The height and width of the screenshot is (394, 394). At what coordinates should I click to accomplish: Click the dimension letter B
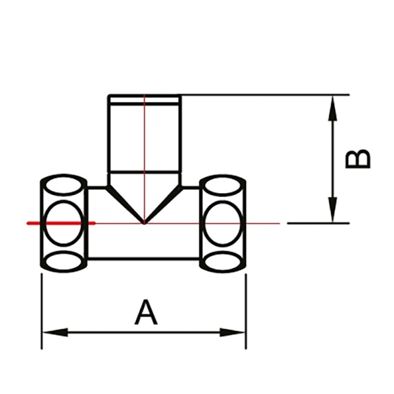point(359,158)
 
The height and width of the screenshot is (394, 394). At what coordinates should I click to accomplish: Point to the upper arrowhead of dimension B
point(334,105)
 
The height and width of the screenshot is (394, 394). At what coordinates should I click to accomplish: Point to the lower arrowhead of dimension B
point(334,213)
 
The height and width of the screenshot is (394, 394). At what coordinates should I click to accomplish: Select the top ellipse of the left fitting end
point(64,185)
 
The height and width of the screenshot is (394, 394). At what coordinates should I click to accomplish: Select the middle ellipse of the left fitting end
point(64,223)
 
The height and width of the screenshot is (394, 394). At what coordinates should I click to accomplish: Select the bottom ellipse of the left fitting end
point(64,261)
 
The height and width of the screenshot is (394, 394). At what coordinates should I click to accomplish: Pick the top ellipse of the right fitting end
point(223,185)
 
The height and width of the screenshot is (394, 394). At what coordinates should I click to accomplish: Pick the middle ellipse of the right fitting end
point(223,223)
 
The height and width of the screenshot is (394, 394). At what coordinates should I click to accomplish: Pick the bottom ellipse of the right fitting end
point(223,261)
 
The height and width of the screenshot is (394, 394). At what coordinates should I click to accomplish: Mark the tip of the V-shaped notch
point(144,223)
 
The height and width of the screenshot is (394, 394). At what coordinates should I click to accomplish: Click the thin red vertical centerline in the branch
point(144,144)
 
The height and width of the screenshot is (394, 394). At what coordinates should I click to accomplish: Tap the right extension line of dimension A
point(246,309)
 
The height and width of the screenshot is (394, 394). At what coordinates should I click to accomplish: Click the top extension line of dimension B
point(263,95)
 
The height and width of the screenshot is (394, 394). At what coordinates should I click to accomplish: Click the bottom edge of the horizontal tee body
point(144,258)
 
